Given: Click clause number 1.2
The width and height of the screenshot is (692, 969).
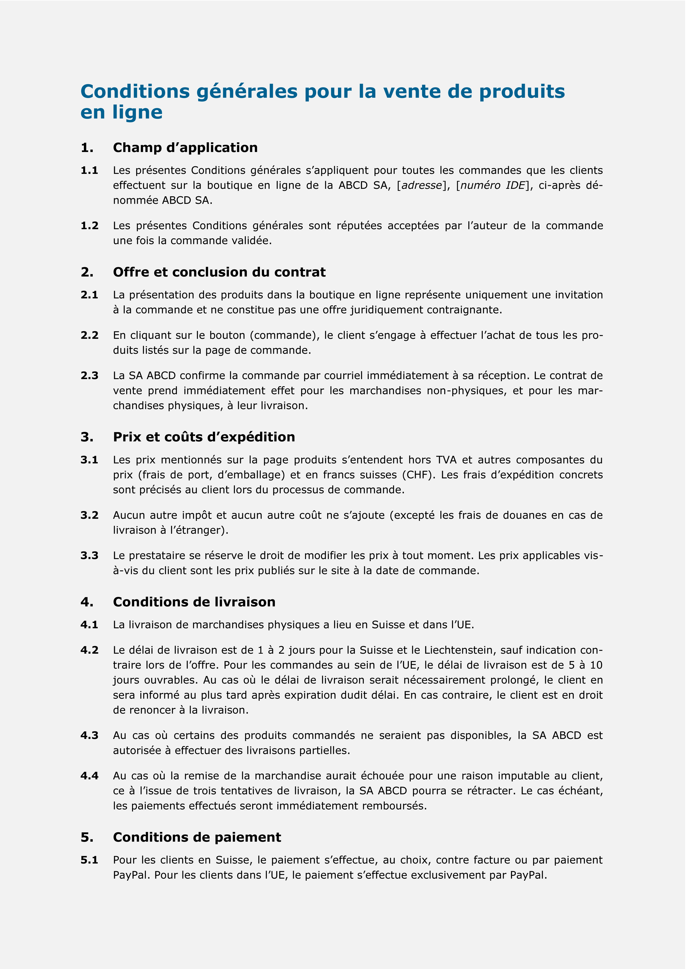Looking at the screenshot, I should point(89,225).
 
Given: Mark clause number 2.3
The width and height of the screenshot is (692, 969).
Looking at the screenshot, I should point(89,375).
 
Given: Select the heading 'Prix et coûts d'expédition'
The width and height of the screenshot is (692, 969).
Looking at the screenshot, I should point(204,437).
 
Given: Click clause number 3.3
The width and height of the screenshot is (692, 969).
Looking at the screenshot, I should point(89,556).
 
